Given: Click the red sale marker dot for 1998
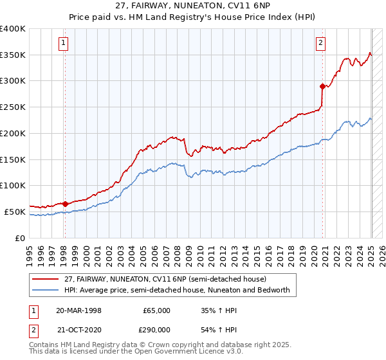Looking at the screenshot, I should [x=65, y=204].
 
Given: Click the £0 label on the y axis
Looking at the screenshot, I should [x=21, y=238].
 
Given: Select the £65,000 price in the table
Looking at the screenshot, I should [x=157, y=310].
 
